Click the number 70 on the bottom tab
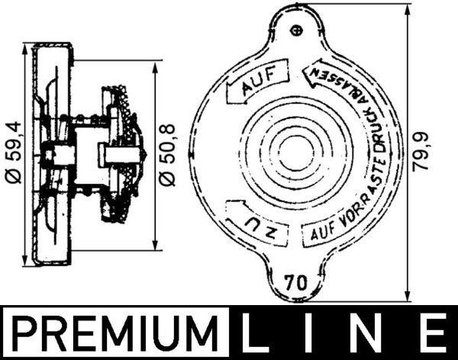295,280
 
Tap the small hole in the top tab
298,30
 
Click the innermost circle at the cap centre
295,152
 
